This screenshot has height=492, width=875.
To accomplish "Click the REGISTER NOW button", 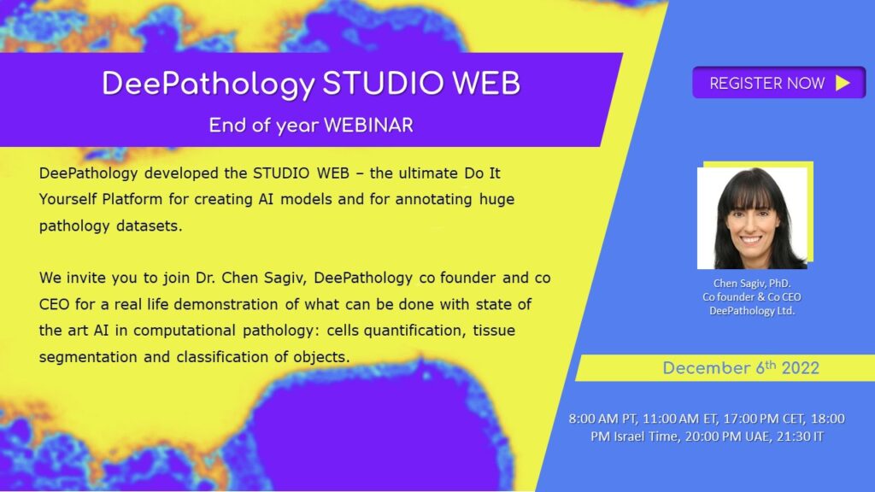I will (778, 83).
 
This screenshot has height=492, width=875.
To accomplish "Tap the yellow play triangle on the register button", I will (843, 83).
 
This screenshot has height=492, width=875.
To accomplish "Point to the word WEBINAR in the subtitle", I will (369, 125).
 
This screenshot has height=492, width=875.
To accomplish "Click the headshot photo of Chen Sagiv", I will (753, 217).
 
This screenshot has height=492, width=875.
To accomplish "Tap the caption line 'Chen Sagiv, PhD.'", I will (755, 284).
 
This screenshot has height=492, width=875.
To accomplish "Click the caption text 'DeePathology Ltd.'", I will (755, 309).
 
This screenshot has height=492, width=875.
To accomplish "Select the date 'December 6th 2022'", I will (741, 368).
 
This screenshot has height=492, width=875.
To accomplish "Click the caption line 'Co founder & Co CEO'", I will (755, 296).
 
